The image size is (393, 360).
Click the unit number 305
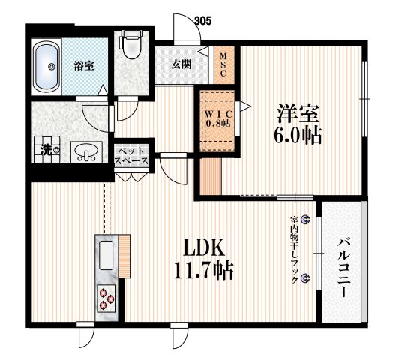(x=202, y=20)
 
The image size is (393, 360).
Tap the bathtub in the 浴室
(x=51, y=67)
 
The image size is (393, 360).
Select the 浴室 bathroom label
(x=84, y=67)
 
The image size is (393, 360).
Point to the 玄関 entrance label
(x=181, y=64)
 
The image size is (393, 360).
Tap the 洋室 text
(x=299, y=115)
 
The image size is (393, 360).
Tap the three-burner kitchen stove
(x=105, y=298)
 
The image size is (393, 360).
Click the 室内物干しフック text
(x=293, y=247)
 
